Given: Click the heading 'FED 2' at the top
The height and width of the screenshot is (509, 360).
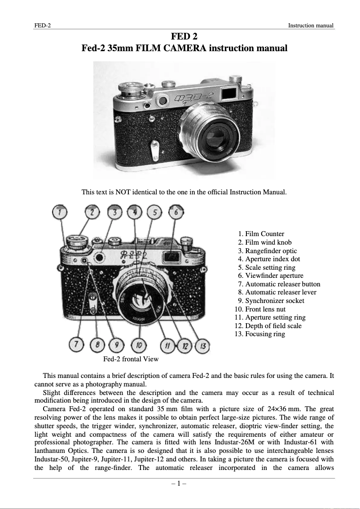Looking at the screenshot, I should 184,36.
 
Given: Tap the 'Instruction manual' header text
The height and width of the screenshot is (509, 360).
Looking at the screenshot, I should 311,26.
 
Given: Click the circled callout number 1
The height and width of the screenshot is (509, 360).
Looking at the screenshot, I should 60,212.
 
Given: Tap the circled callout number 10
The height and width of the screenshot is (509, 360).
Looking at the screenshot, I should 139,346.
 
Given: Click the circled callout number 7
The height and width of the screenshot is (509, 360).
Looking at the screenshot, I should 77,346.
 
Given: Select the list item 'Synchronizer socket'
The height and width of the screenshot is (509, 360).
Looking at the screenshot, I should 274,301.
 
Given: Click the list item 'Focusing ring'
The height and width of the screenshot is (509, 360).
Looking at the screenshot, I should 265,334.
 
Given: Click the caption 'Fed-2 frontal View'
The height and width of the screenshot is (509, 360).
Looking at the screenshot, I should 131,359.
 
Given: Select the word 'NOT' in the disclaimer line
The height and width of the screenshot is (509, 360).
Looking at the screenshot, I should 123,192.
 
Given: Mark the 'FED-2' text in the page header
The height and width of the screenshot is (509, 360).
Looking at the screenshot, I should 42,26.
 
